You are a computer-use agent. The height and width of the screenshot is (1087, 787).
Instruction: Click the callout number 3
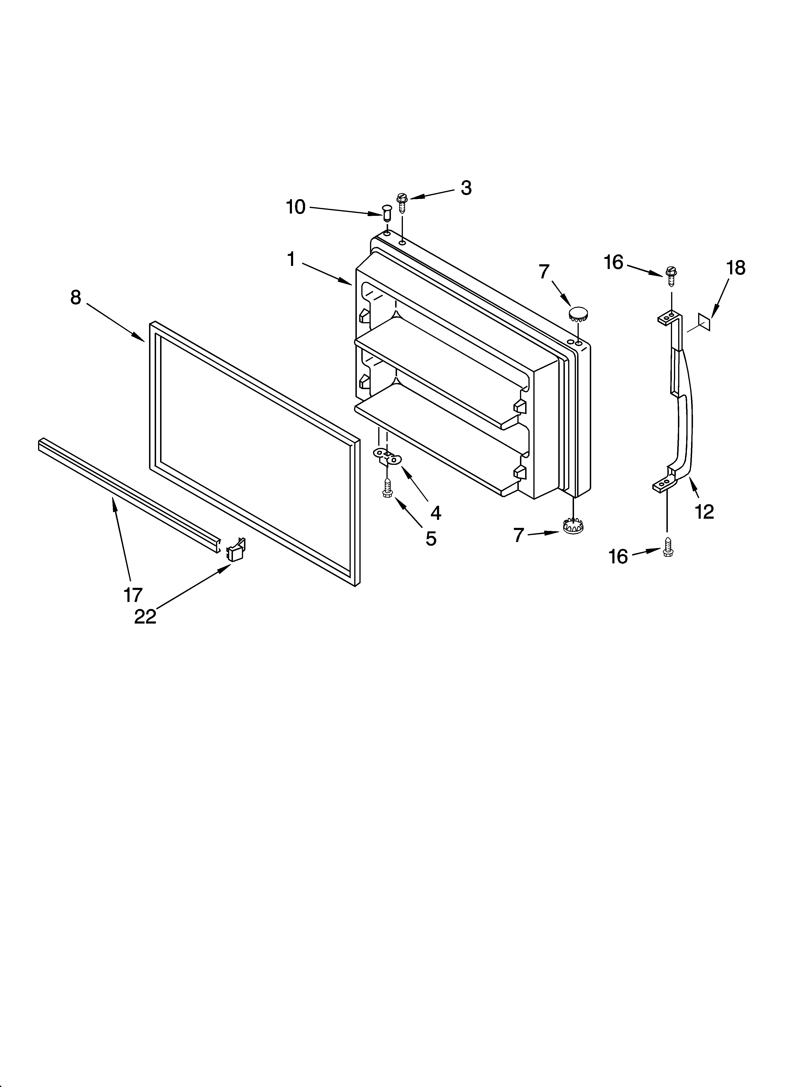click(466, 188)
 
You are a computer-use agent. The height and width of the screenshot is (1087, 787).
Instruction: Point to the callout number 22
click(145, 617)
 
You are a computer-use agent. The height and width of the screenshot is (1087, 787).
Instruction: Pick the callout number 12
click(704, 512)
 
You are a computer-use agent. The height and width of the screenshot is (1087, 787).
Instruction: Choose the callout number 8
click(76, 298)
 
